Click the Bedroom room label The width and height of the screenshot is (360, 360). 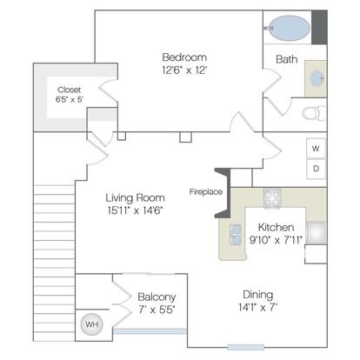[184, 57]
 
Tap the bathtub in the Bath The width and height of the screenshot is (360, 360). [290, 28]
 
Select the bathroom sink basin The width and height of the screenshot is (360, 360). [317, 78]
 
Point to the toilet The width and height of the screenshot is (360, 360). [314, 113]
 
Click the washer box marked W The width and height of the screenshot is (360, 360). [316, 148]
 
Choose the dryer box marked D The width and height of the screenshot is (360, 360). [316, 169]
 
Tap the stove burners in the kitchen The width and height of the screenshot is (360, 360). [272, 198]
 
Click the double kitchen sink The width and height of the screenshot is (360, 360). [236, 234]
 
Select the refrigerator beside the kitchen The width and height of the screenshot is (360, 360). [317, 233]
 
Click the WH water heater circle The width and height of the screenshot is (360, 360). [91, 324]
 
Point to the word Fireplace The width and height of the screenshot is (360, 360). [206, 192]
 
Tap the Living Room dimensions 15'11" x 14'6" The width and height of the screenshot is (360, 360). [135, 210]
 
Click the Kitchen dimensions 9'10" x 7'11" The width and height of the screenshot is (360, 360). [276, 240]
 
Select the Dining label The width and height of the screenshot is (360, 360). [258, 295]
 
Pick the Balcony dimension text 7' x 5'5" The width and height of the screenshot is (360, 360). [157, 310]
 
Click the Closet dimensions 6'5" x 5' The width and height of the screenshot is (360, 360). [70, 100]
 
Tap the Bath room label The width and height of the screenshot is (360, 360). [287, 59]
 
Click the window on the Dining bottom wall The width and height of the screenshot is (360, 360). [245, 347]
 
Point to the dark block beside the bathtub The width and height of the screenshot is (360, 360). [319, 27]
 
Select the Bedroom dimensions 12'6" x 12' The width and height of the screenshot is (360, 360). [184, 70]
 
